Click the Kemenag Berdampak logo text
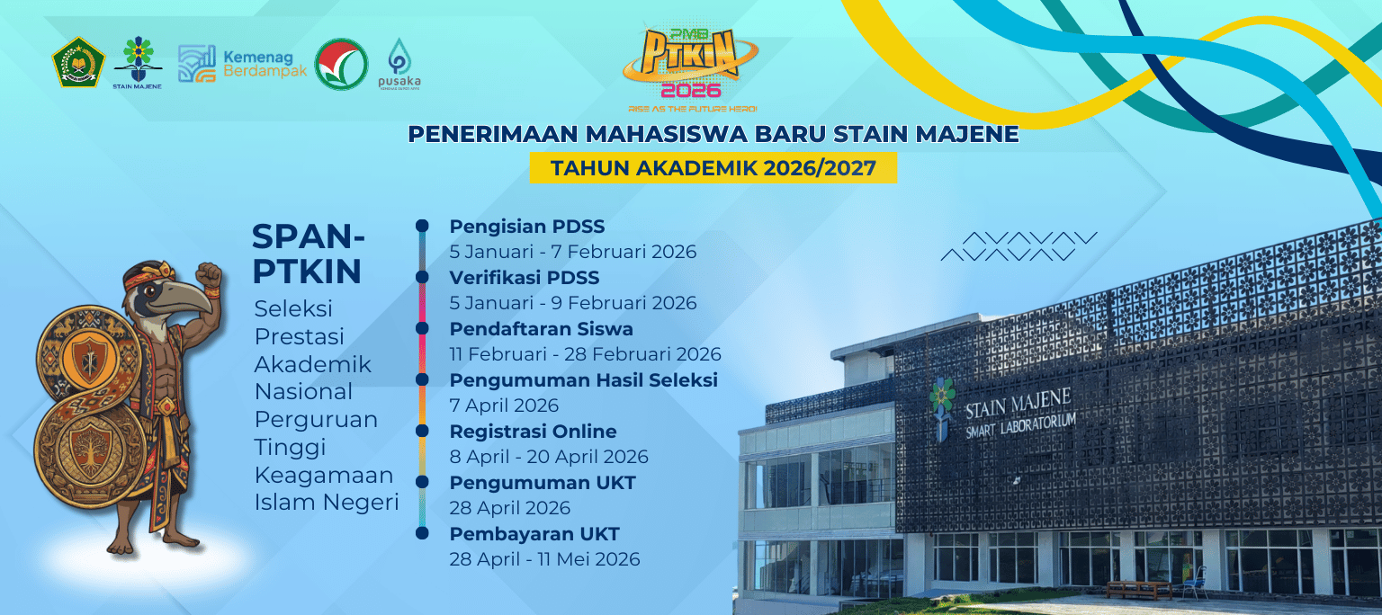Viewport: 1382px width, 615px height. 265,64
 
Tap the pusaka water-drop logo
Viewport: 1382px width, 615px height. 399,64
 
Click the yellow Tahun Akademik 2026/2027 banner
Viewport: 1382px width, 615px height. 713,167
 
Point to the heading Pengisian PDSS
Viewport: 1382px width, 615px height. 527,227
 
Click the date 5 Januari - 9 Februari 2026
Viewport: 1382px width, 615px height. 572,303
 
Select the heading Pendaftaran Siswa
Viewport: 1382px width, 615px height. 541,329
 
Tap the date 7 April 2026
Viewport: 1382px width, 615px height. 504,406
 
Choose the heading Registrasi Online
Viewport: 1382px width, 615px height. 533,432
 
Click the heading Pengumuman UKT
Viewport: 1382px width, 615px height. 543,483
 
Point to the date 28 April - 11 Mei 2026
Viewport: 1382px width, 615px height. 544,559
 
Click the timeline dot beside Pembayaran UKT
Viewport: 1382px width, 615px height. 422,533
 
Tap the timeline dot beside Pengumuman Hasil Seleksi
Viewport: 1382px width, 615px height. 422,379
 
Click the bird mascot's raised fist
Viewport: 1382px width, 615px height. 209,277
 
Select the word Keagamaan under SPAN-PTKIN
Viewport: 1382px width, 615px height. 324,476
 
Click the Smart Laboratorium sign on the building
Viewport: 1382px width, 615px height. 1020,425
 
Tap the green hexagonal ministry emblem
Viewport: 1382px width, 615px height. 77,62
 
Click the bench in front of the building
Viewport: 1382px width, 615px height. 1139,589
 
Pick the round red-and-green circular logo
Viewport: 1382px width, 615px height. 341,64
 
